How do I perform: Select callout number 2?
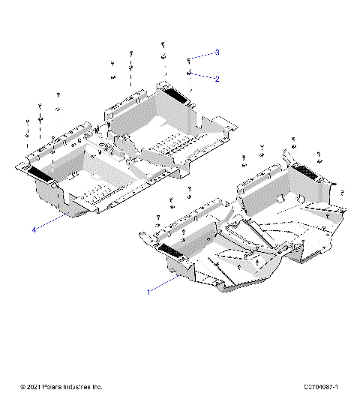click(217, 79)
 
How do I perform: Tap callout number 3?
click(217, 52)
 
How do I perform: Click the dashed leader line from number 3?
click(202, 55)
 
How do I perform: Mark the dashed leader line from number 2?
click(203, 76)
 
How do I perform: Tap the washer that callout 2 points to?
click(190, 73)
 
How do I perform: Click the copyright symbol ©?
click(23, 387)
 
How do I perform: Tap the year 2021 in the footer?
click(35, 387)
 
